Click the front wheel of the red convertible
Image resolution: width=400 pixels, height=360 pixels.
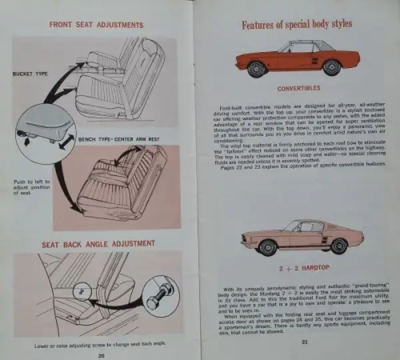pos(257,67)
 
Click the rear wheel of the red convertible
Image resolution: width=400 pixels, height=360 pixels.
pos(331,67)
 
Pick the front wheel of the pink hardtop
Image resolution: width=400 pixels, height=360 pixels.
pos(267,246)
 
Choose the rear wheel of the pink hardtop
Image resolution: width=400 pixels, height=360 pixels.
pos(339,245)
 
